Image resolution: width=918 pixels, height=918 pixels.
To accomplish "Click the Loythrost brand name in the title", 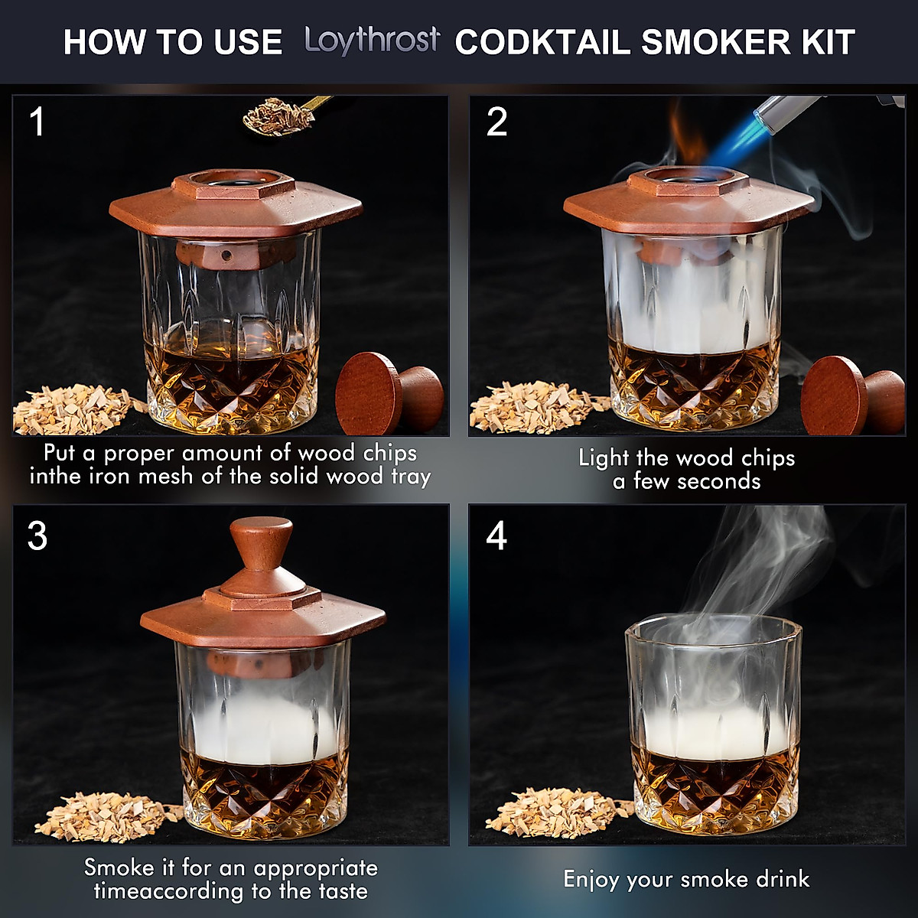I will tap(372, 41).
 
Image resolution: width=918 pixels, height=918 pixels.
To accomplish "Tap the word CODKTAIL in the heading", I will tap(542, 42).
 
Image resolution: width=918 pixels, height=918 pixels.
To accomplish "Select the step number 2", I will tap(496, 122).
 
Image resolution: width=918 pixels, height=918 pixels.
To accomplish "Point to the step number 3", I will tap(37, 536).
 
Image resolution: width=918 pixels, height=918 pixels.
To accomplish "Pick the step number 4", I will tap(496, 536).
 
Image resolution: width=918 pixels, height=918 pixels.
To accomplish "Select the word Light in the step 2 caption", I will tap(604, 458).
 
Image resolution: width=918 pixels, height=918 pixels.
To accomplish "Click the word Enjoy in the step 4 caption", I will tap(591, 879).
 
